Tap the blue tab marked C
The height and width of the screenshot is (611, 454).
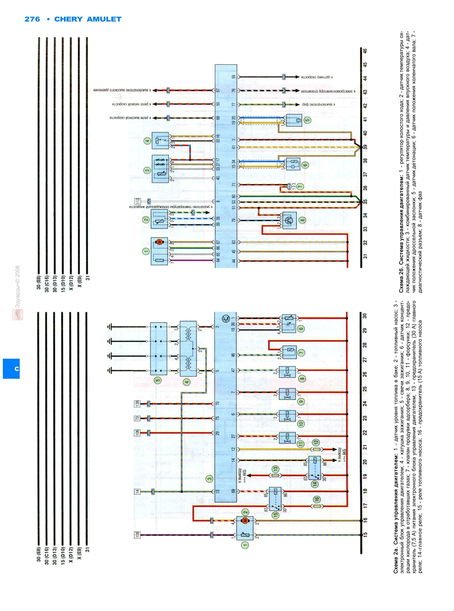(11, 368)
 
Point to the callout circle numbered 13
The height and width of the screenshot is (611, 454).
(275, 468)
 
